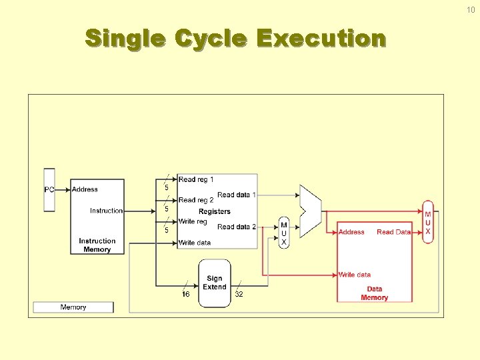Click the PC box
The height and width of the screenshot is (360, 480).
click(49, 189)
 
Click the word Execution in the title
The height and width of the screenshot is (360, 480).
click(321, 39)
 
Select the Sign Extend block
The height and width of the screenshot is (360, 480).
click(215, 283)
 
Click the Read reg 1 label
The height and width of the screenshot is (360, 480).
click(196, 179)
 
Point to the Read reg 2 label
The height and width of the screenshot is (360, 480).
click(196, 200)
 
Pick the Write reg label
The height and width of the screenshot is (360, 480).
click(193, 221)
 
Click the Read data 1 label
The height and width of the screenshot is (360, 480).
click(237, 195)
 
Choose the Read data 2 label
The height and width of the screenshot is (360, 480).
click(237, 227)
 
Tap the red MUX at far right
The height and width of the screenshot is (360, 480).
click(428, 223)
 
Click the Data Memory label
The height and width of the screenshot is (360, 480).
click(374, 293)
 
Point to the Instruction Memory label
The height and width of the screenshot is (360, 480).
click(97, 245)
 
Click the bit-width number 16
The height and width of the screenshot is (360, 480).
click(186, 294)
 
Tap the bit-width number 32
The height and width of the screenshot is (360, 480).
click(239, 294)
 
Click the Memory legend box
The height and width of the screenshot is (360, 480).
click(73, 307)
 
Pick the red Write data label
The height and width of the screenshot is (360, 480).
click(355, 275)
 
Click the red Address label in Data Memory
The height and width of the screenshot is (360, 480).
click(351, 232)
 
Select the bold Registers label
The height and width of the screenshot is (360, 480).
click(215, 211)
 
